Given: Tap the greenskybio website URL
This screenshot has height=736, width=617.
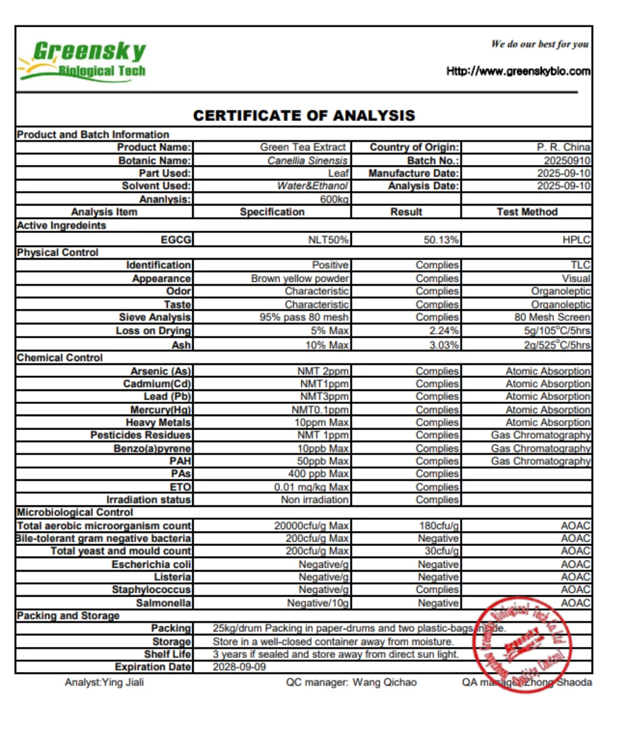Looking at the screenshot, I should coord(518,71).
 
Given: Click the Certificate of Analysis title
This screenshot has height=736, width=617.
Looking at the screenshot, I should coord(304,115).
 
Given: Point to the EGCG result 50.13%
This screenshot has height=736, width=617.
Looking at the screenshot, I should coord(441,240).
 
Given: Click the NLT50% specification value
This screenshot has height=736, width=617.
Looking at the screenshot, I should coord(328,240).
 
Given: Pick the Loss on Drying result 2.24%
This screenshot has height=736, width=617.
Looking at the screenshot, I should coord(444,331).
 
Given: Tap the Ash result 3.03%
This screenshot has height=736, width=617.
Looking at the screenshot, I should coord(444,345).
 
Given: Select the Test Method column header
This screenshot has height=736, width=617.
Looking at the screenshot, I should coord(527,212).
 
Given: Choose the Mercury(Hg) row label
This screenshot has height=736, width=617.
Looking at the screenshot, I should coord(160,410).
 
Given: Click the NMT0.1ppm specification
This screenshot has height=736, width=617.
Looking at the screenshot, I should coord(320,410).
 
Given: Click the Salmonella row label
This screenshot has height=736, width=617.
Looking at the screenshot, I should coord(163,603).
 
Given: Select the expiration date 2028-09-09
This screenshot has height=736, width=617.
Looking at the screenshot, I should coord(239,667).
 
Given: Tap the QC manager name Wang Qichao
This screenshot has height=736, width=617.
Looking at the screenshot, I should coord(384,683).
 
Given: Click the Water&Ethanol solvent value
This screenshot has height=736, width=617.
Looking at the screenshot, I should coord(312,186).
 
